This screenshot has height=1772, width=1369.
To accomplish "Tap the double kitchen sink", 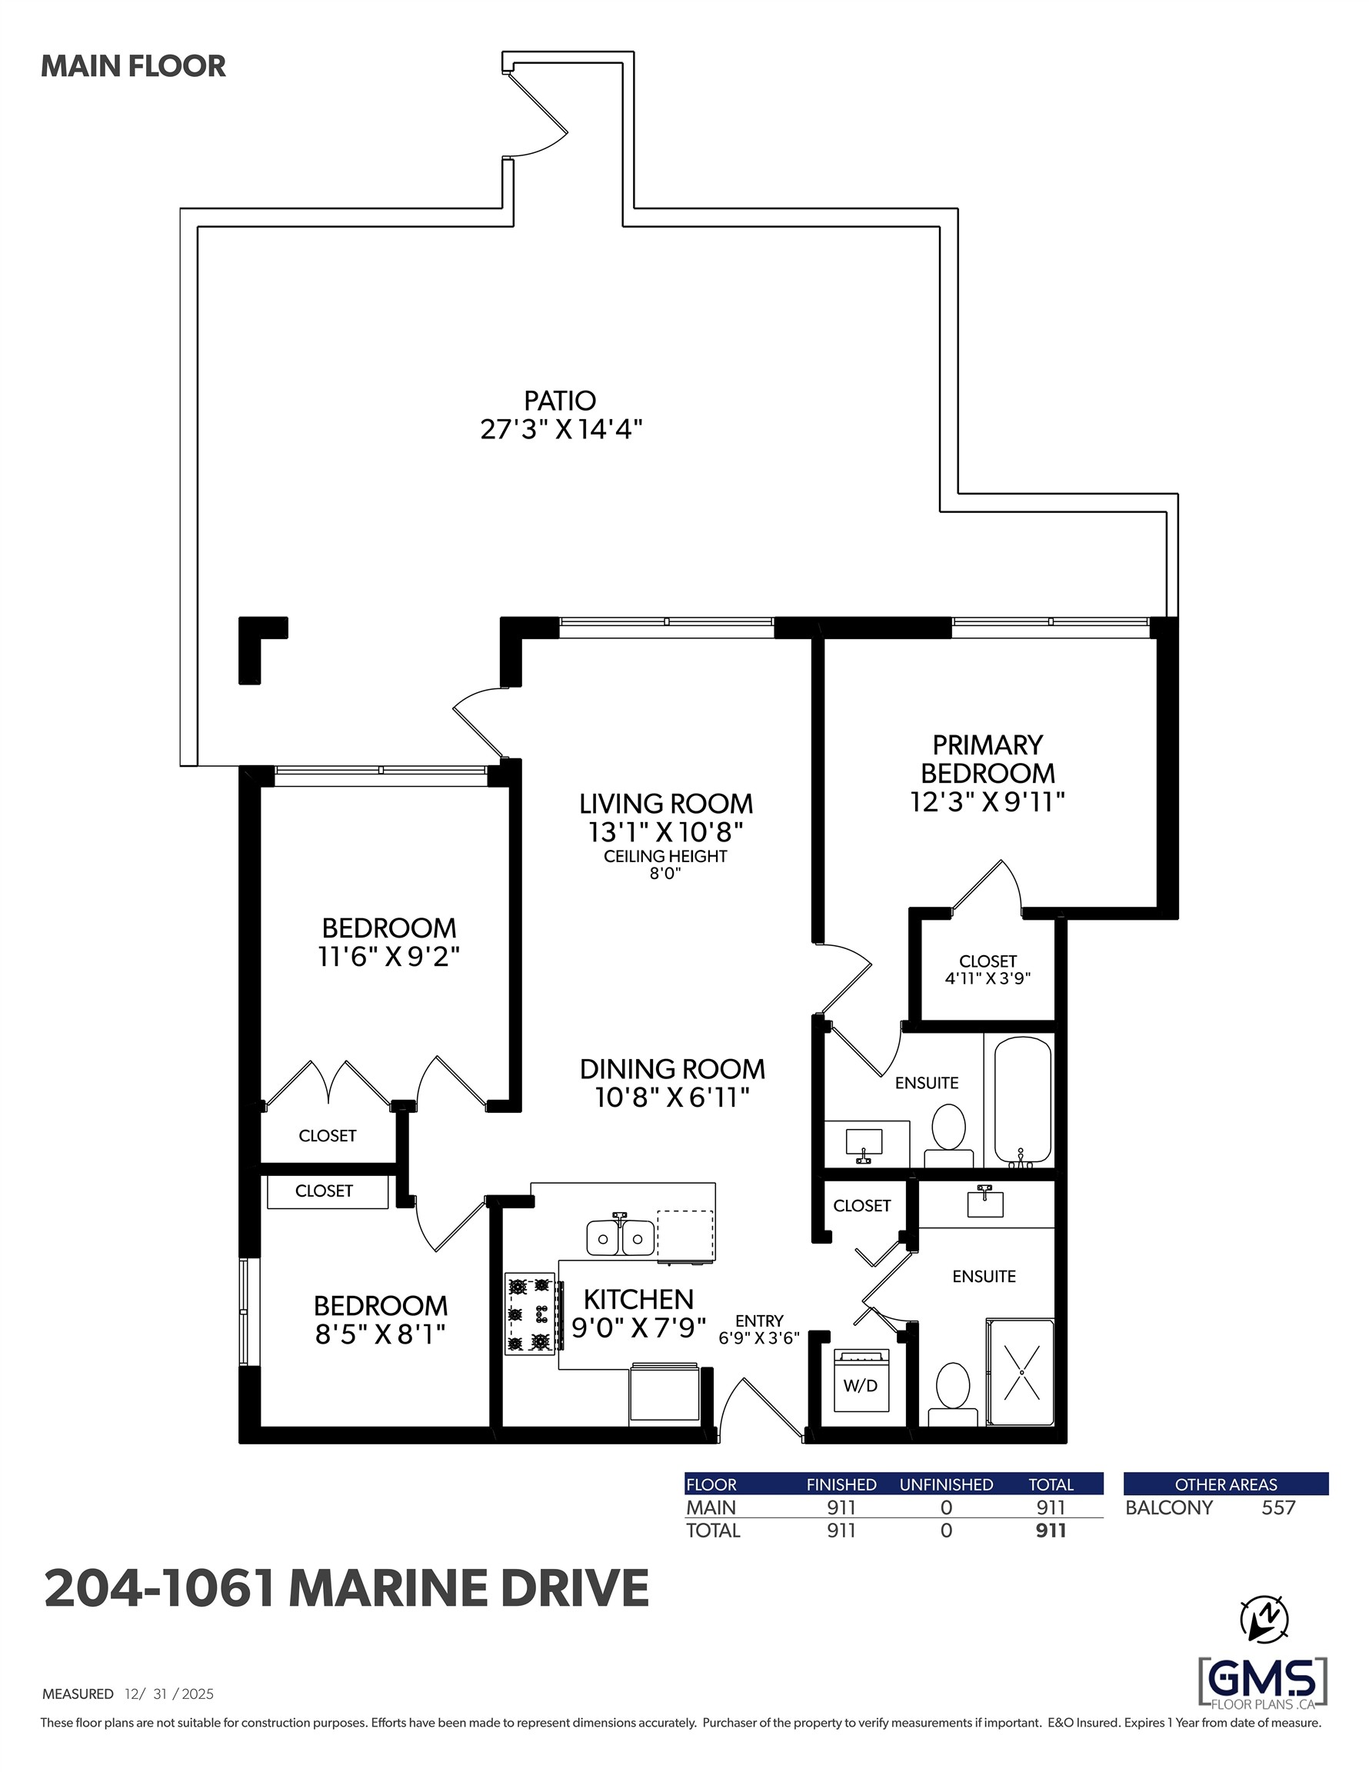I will point(620,1238).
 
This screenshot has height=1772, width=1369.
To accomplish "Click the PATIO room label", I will point(560,401).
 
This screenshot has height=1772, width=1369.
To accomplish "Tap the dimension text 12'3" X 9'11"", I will point(987,802).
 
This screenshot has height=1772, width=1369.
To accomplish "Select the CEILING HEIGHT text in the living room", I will point(665,856).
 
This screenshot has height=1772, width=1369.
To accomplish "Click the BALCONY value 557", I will point(1278,1507).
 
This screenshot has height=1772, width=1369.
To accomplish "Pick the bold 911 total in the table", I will point(1050,1531).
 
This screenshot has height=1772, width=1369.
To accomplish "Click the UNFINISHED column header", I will point(945,1484).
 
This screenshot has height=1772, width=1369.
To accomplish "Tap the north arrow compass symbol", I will point(1264,1620).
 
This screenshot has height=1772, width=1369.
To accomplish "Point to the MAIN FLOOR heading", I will point(133,67).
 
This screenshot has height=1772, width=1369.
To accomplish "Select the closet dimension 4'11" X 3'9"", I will point(987,978).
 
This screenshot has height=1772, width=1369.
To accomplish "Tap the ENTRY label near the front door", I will point(759,1321).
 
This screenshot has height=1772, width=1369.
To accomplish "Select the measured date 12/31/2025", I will point(168,1694).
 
